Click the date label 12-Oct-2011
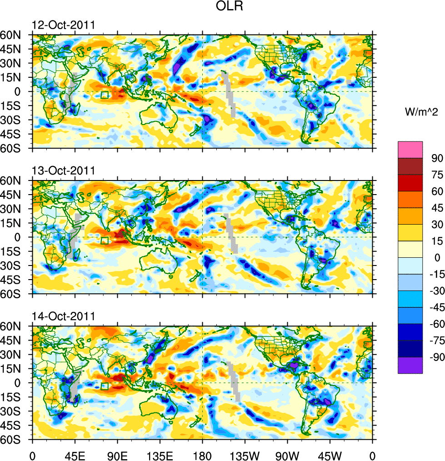(63, 25)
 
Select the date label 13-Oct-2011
(63, 170)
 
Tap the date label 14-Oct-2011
(63, 316)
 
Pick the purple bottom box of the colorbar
(410, 366)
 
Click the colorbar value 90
(437, 158)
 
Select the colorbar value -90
(435, 357)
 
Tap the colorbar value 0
(437, 258)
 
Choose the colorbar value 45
(437, 208)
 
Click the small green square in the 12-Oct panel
(105, 95)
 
